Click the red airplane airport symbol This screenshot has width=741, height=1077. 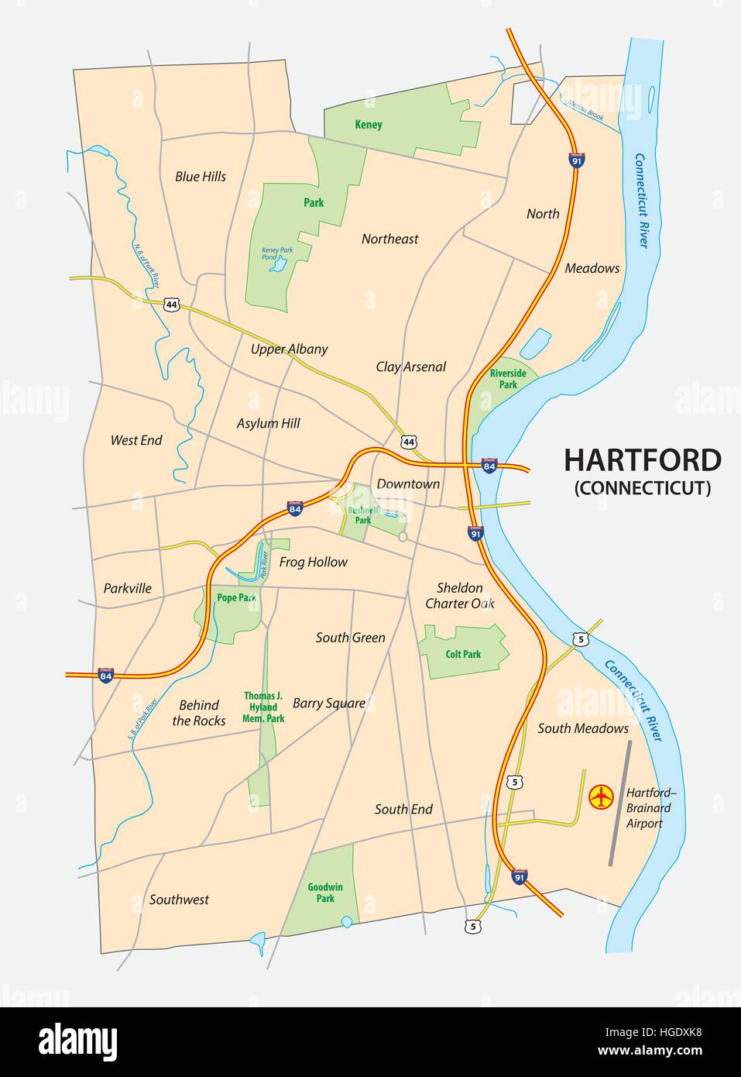coord(601,797)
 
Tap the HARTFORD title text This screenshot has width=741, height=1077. coord(642,460)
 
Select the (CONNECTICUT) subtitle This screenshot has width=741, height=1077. coord(642,488)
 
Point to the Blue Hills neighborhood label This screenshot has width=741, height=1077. coord(201,177)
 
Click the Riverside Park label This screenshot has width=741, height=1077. coord(508,379)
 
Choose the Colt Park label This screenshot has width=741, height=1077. coord(463,655)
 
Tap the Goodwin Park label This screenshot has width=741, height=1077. coord(325,893)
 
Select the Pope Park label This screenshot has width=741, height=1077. coord(236,597)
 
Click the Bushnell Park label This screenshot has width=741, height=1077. coord(361,516)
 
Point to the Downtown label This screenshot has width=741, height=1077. coord(408,484)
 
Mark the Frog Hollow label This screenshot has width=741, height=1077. coord(314,563)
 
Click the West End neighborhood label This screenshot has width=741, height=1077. coord(136,440)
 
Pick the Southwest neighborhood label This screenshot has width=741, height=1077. coord(179,900)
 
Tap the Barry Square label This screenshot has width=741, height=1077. coord(329,704)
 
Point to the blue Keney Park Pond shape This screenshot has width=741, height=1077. coord(276,266)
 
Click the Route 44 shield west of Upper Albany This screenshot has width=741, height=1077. coord(171,305)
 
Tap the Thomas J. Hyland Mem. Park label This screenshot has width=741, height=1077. coord(264,707)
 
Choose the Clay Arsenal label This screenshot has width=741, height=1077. coord(411,366)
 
